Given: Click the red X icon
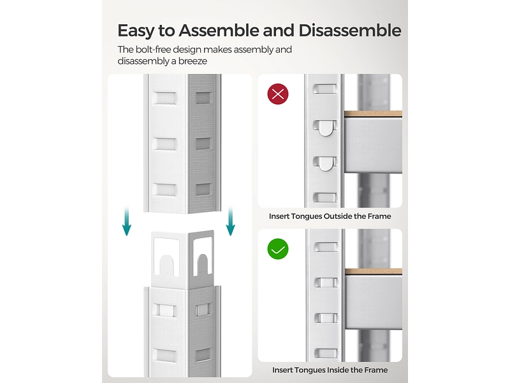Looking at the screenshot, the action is [x=278, y=94].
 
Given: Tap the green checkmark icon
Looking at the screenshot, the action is [x=278, y=249].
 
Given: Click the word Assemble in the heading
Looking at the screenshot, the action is [x=219, y=30].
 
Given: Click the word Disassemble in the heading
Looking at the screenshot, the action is [x=349, y=30].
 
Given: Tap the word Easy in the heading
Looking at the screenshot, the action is [x=136, y=31].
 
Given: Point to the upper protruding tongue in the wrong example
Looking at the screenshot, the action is [x=326, y=128].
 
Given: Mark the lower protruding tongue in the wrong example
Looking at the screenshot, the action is [x=326, y=164].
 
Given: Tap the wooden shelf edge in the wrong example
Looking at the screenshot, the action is [x=373, y=114].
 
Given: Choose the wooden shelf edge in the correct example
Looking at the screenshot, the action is [x=374, y=271].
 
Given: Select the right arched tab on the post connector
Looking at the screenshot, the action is [x=203, y=264].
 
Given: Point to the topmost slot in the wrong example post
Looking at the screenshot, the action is [x=325, y=89].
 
